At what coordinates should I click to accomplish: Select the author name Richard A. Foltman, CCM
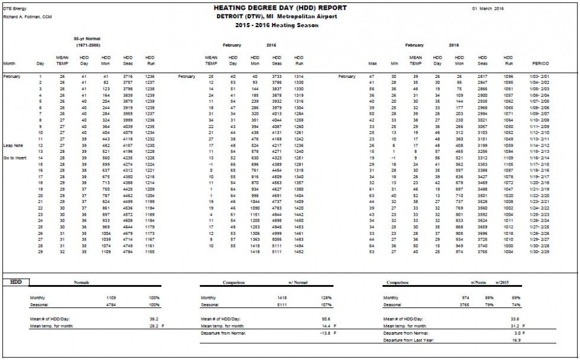tap(27, 17)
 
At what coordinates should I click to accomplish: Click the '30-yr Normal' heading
tap(88, 38)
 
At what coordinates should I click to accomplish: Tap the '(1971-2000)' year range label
tap(88, 45)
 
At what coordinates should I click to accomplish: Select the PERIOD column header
tap(540, 63)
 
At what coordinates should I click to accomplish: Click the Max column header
tap(373, 63)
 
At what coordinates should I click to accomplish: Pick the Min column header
tap(394, 63)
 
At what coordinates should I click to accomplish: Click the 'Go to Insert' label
tap(16, 157)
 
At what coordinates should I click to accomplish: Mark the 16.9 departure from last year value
tap(517, 340)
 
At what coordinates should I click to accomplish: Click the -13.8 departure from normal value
tap(327, 333)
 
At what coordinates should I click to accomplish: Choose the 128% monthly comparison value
tap(327, 298)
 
